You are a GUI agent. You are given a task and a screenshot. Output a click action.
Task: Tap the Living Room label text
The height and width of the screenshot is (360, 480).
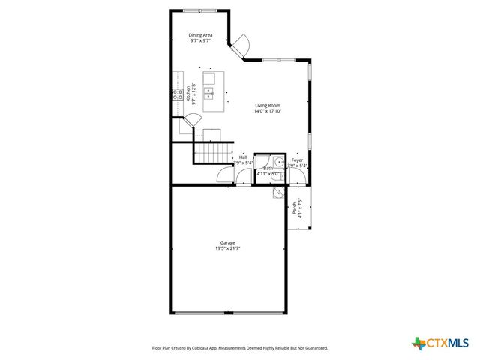(x=268, y=106)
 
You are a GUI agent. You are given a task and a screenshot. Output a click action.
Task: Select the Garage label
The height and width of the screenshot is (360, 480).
(x=228, y=242)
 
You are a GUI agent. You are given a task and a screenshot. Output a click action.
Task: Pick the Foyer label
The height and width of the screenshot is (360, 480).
(x=298, y=160)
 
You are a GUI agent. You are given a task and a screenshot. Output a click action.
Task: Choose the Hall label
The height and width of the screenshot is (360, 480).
(x=243, y=157)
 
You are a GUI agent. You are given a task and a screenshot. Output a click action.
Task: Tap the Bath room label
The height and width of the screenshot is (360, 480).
(x=268, y=169)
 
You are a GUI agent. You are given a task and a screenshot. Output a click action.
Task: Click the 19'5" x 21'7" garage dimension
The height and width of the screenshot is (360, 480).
(x=228, y=247)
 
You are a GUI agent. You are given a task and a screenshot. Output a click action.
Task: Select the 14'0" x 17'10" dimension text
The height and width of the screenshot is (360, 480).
(x=268, y=111)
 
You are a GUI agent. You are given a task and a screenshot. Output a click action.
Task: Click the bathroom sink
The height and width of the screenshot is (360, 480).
(x=277, y=160)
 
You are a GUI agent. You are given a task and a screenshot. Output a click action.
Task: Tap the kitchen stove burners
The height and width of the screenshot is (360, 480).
(x=178, y=94)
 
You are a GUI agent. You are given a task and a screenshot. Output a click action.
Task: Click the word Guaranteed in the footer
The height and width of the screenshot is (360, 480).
(x=316, y=348)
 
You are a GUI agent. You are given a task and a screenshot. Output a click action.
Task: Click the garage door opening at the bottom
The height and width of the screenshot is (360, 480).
(x=228, y=313)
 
